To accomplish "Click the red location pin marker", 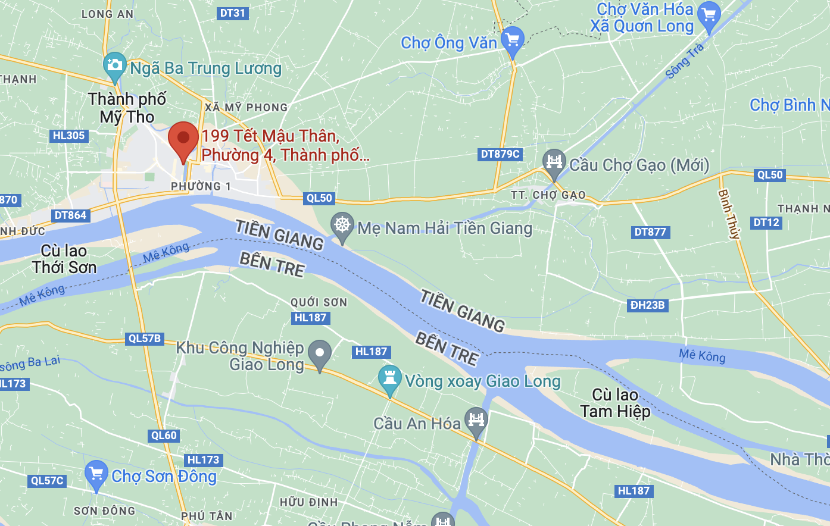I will click(x=183, y=139).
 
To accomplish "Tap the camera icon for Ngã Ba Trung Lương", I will click(x=114, y=65).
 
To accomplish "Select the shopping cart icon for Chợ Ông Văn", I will click(x=513, y=40).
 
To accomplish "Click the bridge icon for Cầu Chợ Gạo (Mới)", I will click(x=554, y=162).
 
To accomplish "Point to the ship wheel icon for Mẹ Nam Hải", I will click(x=342, y=226).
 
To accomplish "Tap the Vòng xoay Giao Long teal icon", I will click(x=389, y=378).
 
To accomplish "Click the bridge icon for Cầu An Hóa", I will click(x=476, y=420).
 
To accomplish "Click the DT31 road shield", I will click(x=232, y=13).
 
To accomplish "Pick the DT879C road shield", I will click(x=500, y=154).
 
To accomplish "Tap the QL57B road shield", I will click(x=145, y=339).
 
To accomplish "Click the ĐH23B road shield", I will click(x=647, y=305).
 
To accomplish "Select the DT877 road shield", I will click(x=650, y=232).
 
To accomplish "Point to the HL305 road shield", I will click(x=68, y=136).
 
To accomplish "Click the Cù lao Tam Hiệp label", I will click(x=615, y=403).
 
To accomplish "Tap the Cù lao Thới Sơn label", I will click(x=64, y=259).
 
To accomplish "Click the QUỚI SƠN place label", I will click(x=319, y=302).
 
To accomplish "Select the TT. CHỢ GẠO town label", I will click(x=548, y=195).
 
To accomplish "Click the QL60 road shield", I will click(x=164, y=436).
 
